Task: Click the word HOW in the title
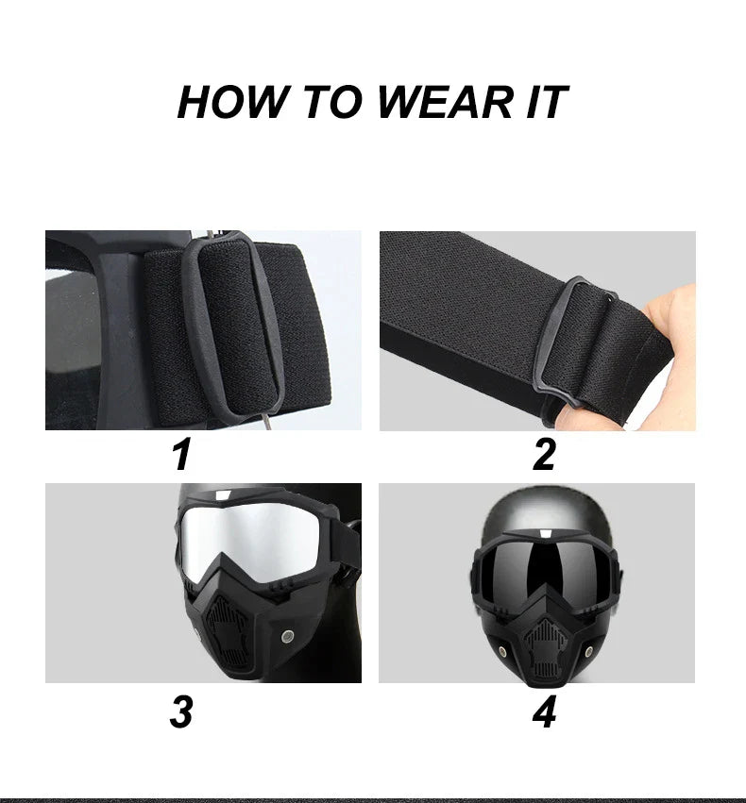coord(232,102)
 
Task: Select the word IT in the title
coord(547,102)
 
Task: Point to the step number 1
coord(181,454)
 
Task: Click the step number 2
coord(544,454)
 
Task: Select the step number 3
coord(181,711)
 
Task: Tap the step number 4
coord(544,711)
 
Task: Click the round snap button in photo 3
coord(287,637)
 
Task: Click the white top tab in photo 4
coord(546,533)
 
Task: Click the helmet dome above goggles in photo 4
coord(546,512)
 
